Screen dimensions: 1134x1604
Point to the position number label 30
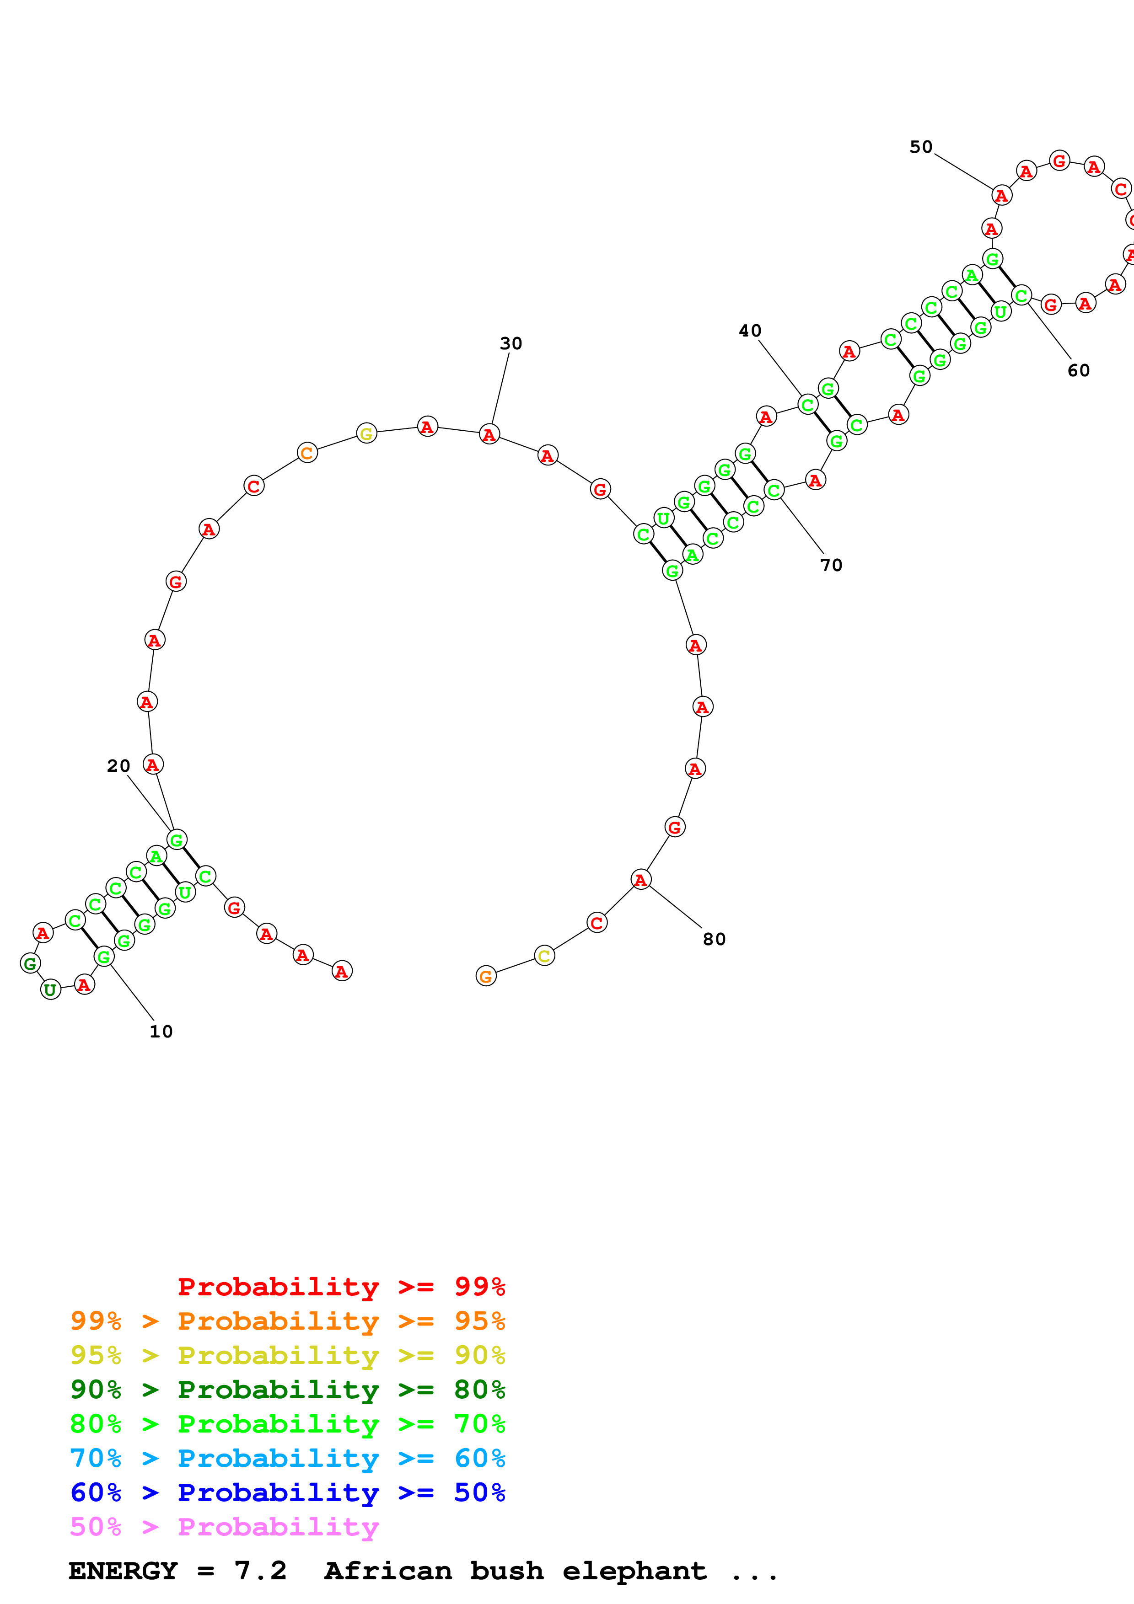coord(511,344)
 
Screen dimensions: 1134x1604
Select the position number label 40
coord(750,331)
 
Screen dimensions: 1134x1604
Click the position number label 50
coord(921,147)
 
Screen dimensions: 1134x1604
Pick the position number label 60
coord(1078,371)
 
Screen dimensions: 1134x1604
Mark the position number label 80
coord(714,940)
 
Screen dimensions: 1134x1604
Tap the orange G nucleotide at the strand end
coord(486,976)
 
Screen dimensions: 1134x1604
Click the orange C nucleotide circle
coord(307,453)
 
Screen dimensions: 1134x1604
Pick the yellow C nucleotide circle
coord(544,956)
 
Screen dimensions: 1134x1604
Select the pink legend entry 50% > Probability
coord(224,1527)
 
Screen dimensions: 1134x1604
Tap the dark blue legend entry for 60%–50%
coord(287,1493)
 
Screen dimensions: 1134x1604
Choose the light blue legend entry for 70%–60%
coord(287,1459)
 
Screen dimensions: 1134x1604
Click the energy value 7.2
coord(261,1571)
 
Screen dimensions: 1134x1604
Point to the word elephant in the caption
coord(634,1571)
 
